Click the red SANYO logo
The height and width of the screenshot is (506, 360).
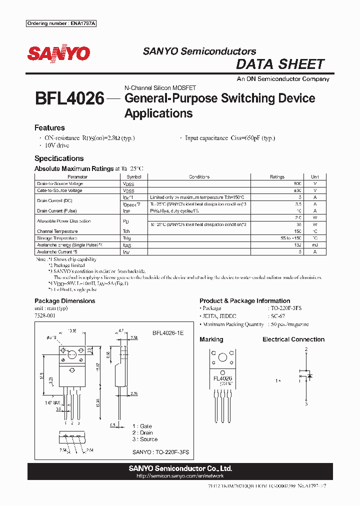click(x=58, y=53)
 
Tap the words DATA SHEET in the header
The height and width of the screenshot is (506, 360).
click(x=280, y=64)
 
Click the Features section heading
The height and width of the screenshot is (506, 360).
click(x=49, y=128)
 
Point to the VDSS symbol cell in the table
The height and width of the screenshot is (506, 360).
click(x=128, y=184)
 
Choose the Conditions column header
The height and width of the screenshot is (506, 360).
click(x=199, y=177)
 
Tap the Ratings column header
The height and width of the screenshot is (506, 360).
click(x=277, y=177)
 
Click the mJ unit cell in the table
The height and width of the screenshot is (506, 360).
click(x=315, y=245)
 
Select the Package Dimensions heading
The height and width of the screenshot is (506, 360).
click(x=64, y=301)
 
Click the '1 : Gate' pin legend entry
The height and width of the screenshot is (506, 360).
click(x=142, y=426)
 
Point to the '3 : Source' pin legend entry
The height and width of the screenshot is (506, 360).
click(x=144, y=439)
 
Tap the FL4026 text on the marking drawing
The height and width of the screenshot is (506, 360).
click(x=222, y=378)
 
